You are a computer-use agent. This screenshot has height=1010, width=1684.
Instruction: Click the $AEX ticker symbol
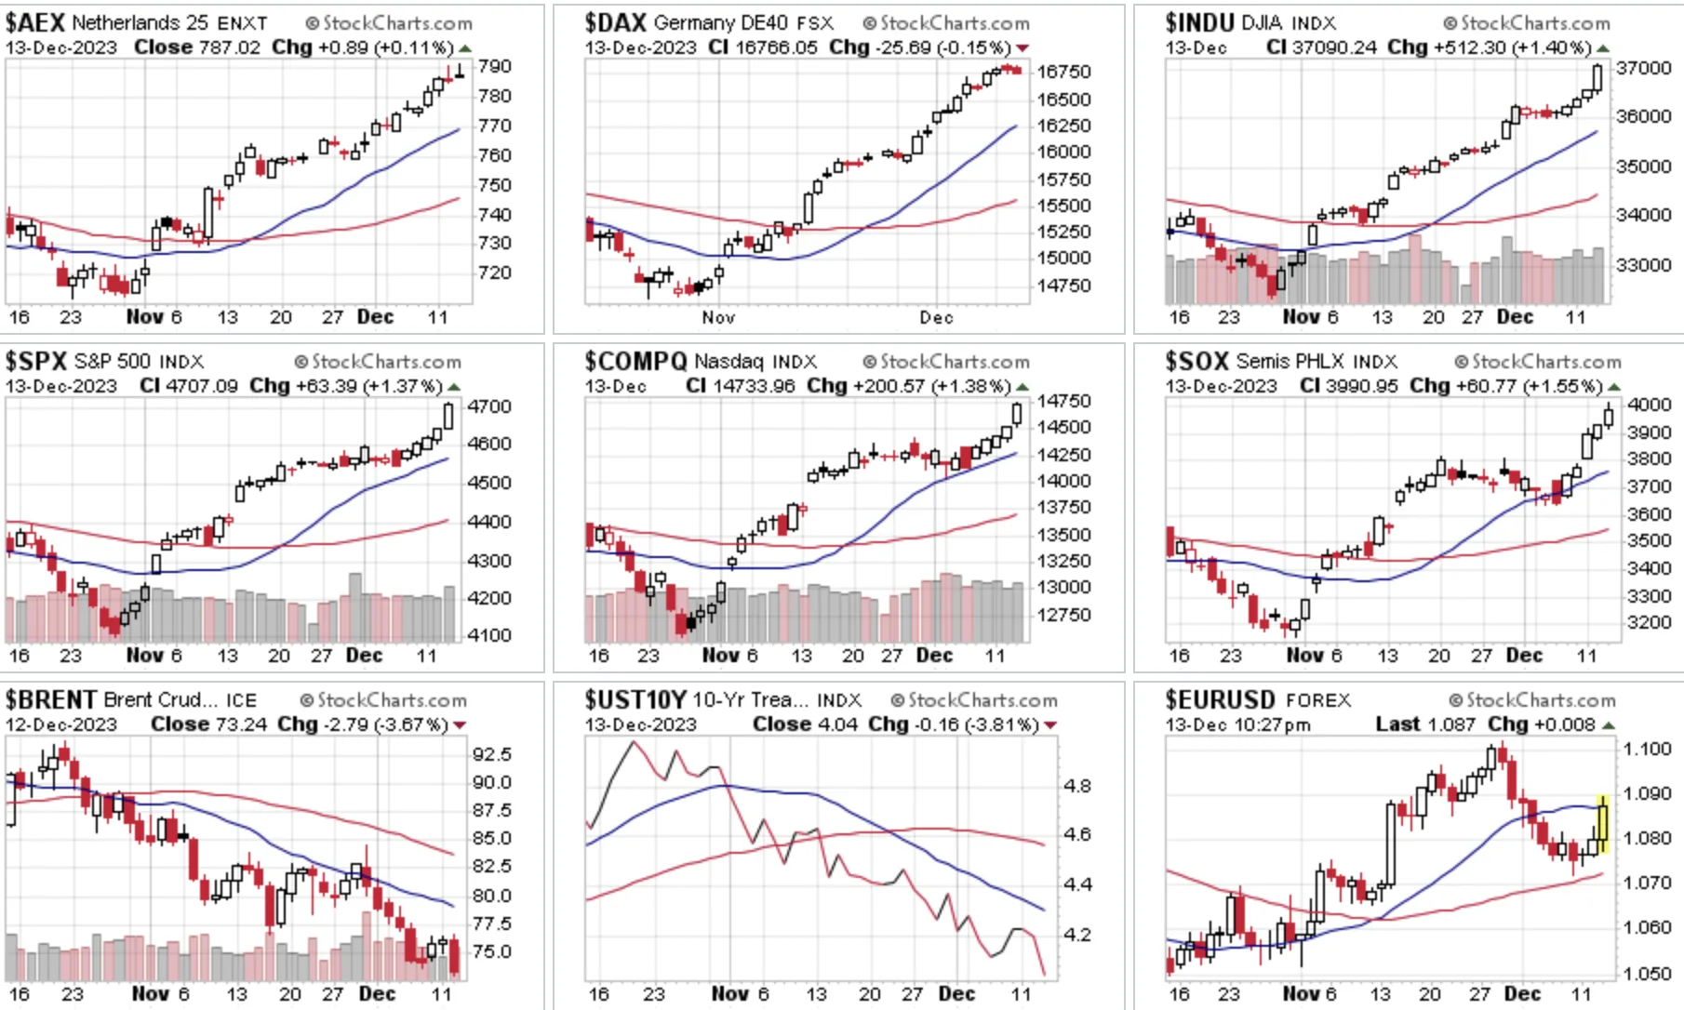(35, 22)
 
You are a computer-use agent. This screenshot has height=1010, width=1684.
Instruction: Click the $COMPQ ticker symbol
(635, 361)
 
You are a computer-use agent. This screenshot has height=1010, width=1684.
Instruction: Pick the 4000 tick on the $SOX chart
(1650, 405)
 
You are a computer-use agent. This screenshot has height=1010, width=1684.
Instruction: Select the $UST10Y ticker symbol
(635, 699)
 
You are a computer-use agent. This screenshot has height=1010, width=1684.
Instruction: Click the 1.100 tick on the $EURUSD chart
(1647, 749)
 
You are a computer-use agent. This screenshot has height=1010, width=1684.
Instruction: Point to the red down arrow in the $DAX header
(1023, 47)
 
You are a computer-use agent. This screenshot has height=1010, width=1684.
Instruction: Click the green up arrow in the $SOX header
(1613, 386)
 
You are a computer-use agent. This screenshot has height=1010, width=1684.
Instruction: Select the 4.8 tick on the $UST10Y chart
(1077, 786)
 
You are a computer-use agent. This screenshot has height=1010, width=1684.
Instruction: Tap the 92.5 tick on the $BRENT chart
(492, 753)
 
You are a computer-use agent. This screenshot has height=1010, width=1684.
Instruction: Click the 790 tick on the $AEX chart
(495, 66)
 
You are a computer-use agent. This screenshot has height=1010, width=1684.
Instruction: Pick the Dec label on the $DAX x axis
(937, 317)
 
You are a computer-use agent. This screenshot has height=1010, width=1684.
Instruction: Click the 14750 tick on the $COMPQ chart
(1064, 401)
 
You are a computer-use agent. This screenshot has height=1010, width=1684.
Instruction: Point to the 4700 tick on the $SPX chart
(489, 406)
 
